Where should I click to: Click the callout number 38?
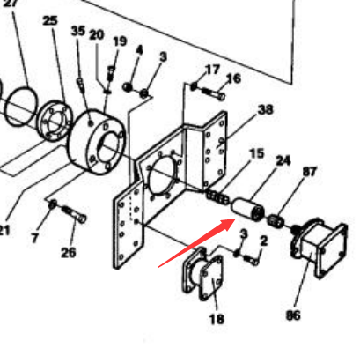point(266,109)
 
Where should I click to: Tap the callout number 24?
point(283,160)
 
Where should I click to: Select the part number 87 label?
point(310,172)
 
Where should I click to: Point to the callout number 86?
point(293,315)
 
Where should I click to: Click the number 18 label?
point(217,319)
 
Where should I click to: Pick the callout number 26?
point(69,253)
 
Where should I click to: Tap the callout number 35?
point(78,31)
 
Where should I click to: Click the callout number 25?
point(50,20)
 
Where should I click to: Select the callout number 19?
point(120,41)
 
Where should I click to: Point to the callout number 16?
point(233,78)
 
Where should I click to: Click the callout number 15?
point(257,153)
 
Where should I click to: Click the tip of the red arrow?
point(236,219)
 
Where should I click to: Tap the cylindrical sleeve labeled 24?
point(247,210)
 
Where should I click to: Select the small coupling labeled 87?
point(276,221)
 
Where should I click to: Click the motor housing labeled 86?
point(319,247)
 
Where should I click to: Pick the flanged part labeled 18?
point(202,274)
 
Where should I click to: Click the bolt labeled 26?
point(75,214)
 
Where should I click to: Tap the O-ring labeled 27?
point(21,106)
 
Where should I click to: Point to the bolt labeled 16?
point(214,93)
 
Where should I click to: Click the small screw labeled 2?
point(251,260)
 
